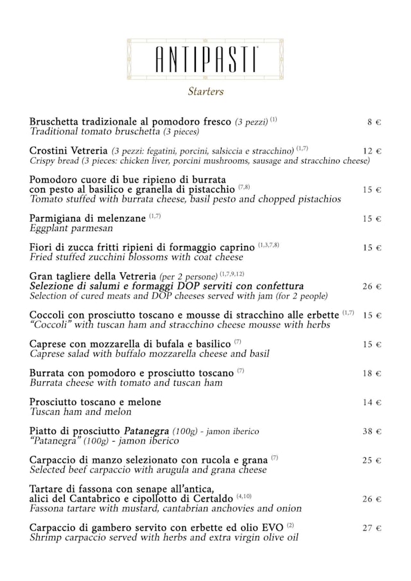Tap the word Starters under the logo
click(205, 91)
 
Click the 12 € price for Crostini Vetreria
click(372, 152)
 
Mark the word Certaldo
click(213, 499)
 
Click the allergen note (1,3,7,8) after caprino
click(268, 245)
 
